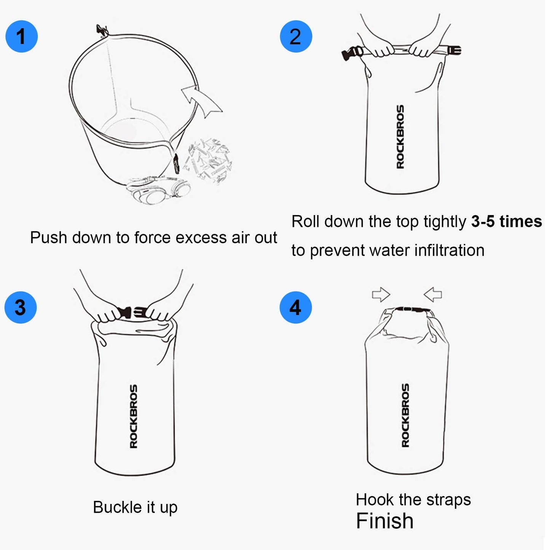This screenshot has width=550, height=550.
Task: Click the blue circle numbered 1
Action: coord(22,37)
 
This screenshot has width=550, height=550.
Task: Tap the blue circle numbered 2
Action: coord(296,37)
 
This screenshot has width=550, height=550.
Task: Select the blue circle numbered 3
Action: coord(21,308)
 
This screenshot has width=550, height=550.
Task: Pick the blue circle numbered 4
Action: coord(295,308)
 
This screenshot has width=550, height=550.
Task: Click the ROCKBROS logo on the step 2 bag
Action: coord(400,137)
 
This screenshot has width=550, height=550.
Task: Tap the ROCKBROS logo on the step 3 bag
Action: coord(134,416)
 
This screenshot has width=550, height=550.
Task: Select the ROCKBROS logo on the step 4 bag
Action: coord(405,415)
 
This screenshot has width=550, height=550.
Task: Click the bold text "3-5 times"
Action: coord(506,222)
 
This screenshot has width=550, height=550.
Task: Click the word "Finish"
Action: coord(384,521)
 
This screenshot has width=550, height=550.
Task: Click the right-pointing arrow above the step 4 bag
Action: coord(381,294)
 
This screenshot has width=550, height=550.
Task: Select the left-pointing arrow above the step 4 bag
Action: coord(433,294)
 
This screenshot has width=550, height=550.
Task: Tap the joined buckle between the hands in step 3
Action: coord(132,312)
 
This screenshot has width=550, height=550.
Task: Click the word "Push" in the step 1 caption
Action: coord(49,238)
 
